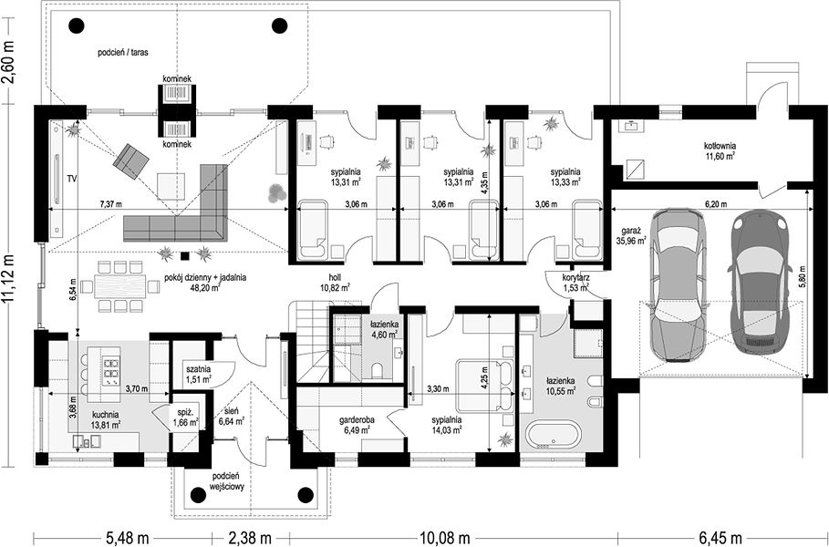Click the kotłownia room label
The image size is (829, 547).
pos(720,150)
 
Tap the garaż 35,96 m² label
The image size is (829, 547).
pos(631,236)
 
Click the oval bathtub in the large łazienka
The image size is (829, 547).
pos(554,435)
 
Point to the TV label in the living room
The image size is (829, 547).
pos(72,180)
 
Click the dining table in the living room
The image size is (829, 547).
pos(119,286)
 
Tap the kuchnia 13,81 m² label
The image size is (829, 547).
pos(106,419)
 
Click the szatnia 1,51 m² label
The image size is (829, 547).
pos(198,374)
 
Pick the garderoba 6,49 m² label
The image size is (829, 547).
pos(357,425)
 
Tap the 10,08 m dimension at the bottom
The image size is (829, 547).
pos(445,538)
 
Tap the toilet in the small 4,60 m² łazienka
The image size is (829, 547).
pos(378,370)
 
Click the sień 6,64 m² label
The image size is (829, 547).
pos(231,417)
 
